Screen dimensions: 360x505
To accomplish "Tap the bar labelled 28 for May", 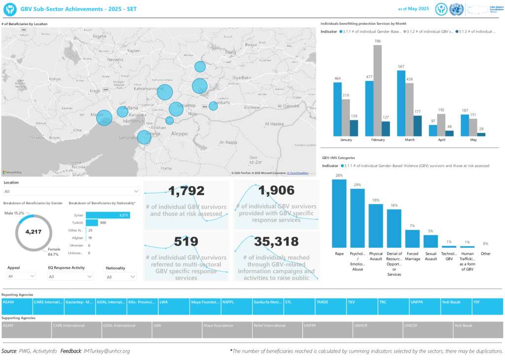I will pyautogui.click(x=481, y=134).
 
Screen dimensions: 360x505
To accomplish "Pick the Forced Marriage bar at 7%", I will pyautogui.click(x=412, y=239).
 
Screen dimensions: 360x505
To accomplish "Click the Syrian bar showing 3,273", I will pyautogui.click(x=108, y=215).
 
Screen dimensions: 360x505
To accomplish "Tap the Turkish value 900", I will pyautogui.click(x=103, y=223).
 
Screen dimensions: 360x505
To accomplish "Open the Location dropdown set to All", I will pyautogui.click(x=72, y=191).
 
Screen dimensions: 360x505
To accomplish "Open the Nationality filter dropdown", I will pyautogui.click(x=120, y=277).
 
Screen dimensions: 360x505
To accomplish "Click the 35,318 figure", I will pyautogui.click(x=276, y=241).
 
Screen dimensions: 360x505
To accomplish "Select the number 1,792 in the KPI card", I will pyautogui.click(x=186, y=191).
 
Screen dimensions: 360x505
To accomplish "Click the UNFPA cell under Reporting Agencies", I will pyautogui.click(x=424, y=302).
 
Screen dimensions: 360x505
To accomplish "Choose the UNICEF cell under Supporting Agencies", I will pyautogui.click(x=428, y=325).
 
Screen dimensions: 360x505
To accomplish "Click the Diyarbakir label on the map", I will pyautogui.click(x=242, y=77).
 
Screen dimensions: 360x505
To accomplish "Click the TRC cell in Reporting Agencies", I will pyautogui.click(x=393, y=302).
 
